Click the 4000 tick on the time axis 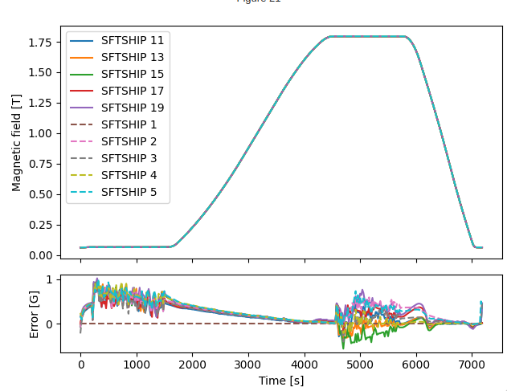[x=305, y=364]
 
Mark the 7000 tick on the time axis [x=472, y=364]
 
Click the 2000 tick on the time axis [x=192, y=364]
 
